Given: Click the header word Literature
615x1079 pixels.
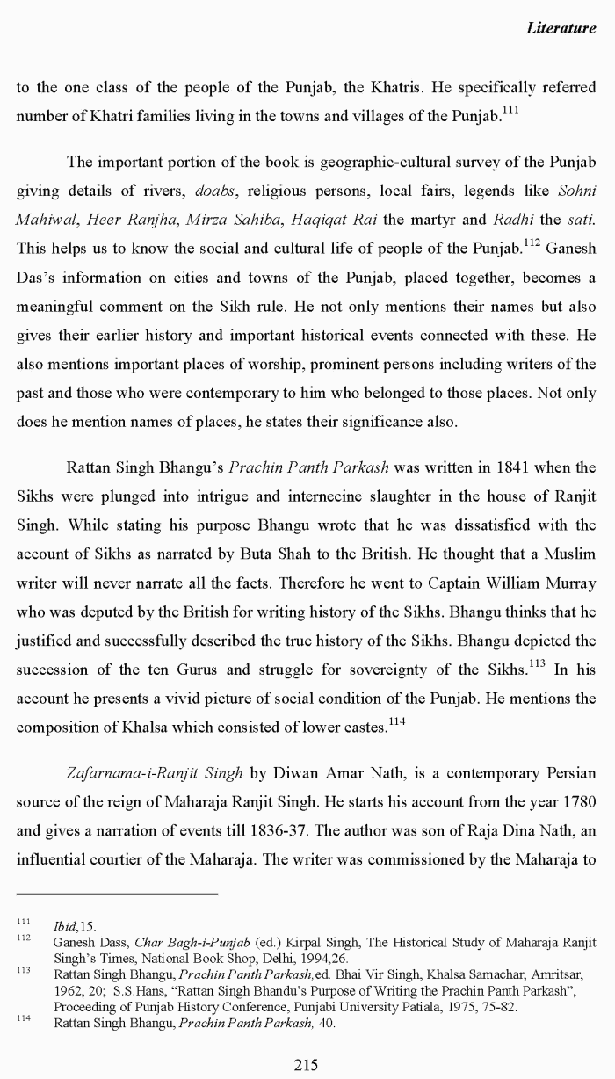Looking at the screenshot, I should click(x=561, y=28).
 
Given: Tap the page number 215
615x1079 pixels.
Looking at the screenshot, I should click(x=306, y=1065).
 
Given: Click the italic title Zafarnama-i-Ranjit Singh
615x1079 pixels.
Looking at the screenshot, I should click(x=155, y=774).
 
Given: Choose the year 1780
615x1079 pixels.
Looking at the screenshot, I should click(x=575, y=802).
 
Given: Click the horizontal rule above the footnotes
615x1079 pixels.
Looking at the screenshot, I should click(x=117, y=894).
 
